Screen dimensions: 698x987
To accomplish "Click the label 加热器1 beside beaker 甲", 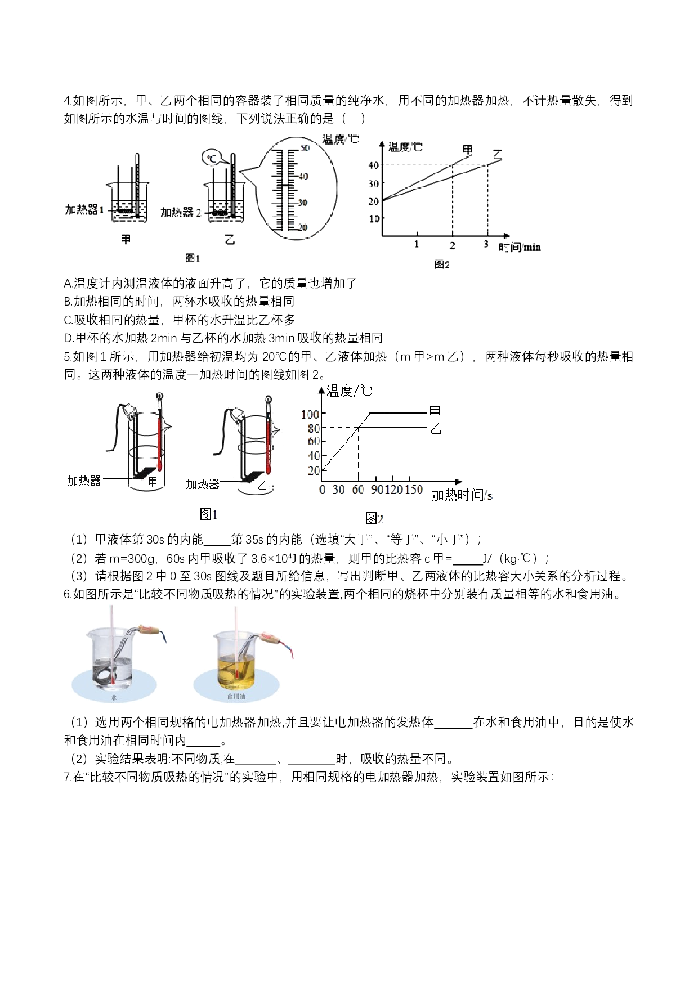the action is click(x=84, y=210).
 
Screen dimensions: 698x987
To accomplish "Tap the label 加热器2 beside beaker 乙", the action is click(x=181, y=212).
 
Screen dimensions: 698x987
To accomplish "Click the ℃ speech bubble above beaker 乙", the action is click(x=212, y=158).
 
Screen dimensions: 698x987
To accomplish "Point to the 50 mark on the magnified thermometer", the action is click(x=305, y=148).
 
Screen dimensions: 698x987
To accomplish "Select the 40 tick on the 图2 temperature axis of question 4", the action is click(x=373, y=165).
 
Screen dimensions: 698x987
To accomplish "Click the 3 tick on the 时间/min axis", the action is click(x=486, y=244).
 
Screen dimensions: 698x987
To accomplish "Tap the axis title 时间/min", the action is click(x=519, y=247).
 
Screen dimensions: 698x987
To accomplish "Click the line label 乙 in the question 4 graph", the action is click(x=496, y=154).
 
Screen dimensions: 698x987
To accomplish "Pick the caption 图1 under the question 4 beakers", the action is click(x=193, y=258).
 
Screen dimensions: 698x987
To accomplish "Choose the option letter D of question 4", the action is click(x=68, y=338).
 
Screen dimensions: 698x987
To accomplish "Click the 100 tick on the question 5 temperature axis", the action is click(x=310, y=414).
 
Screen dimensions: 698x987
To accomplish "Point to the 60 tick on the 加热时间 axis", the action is click(x=358, y=490).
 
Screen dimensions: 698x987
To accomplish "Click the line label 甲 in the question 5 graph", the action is click(x=435, y=411).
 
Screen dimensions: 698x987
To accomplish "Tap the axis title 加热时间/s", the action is click(x=462, y=495).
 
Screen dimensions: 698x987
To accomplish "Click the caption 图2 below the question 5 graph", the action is click(x=374, y=518).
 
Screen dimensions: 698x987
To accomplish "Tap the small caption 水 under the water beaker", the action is click(x=114, y=697).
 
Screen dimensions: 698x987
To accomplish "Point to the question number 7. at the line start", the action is click(x=68, y=777).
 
